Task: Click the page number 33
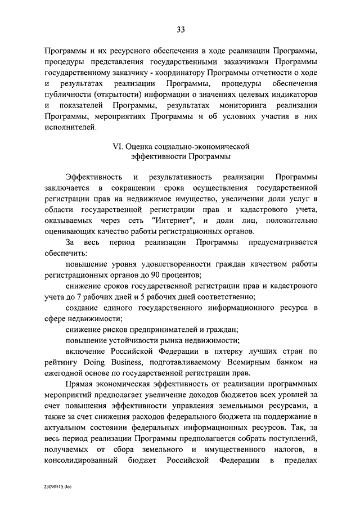coord(180,30)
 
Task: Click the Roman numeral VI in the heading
coord(118,147)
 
